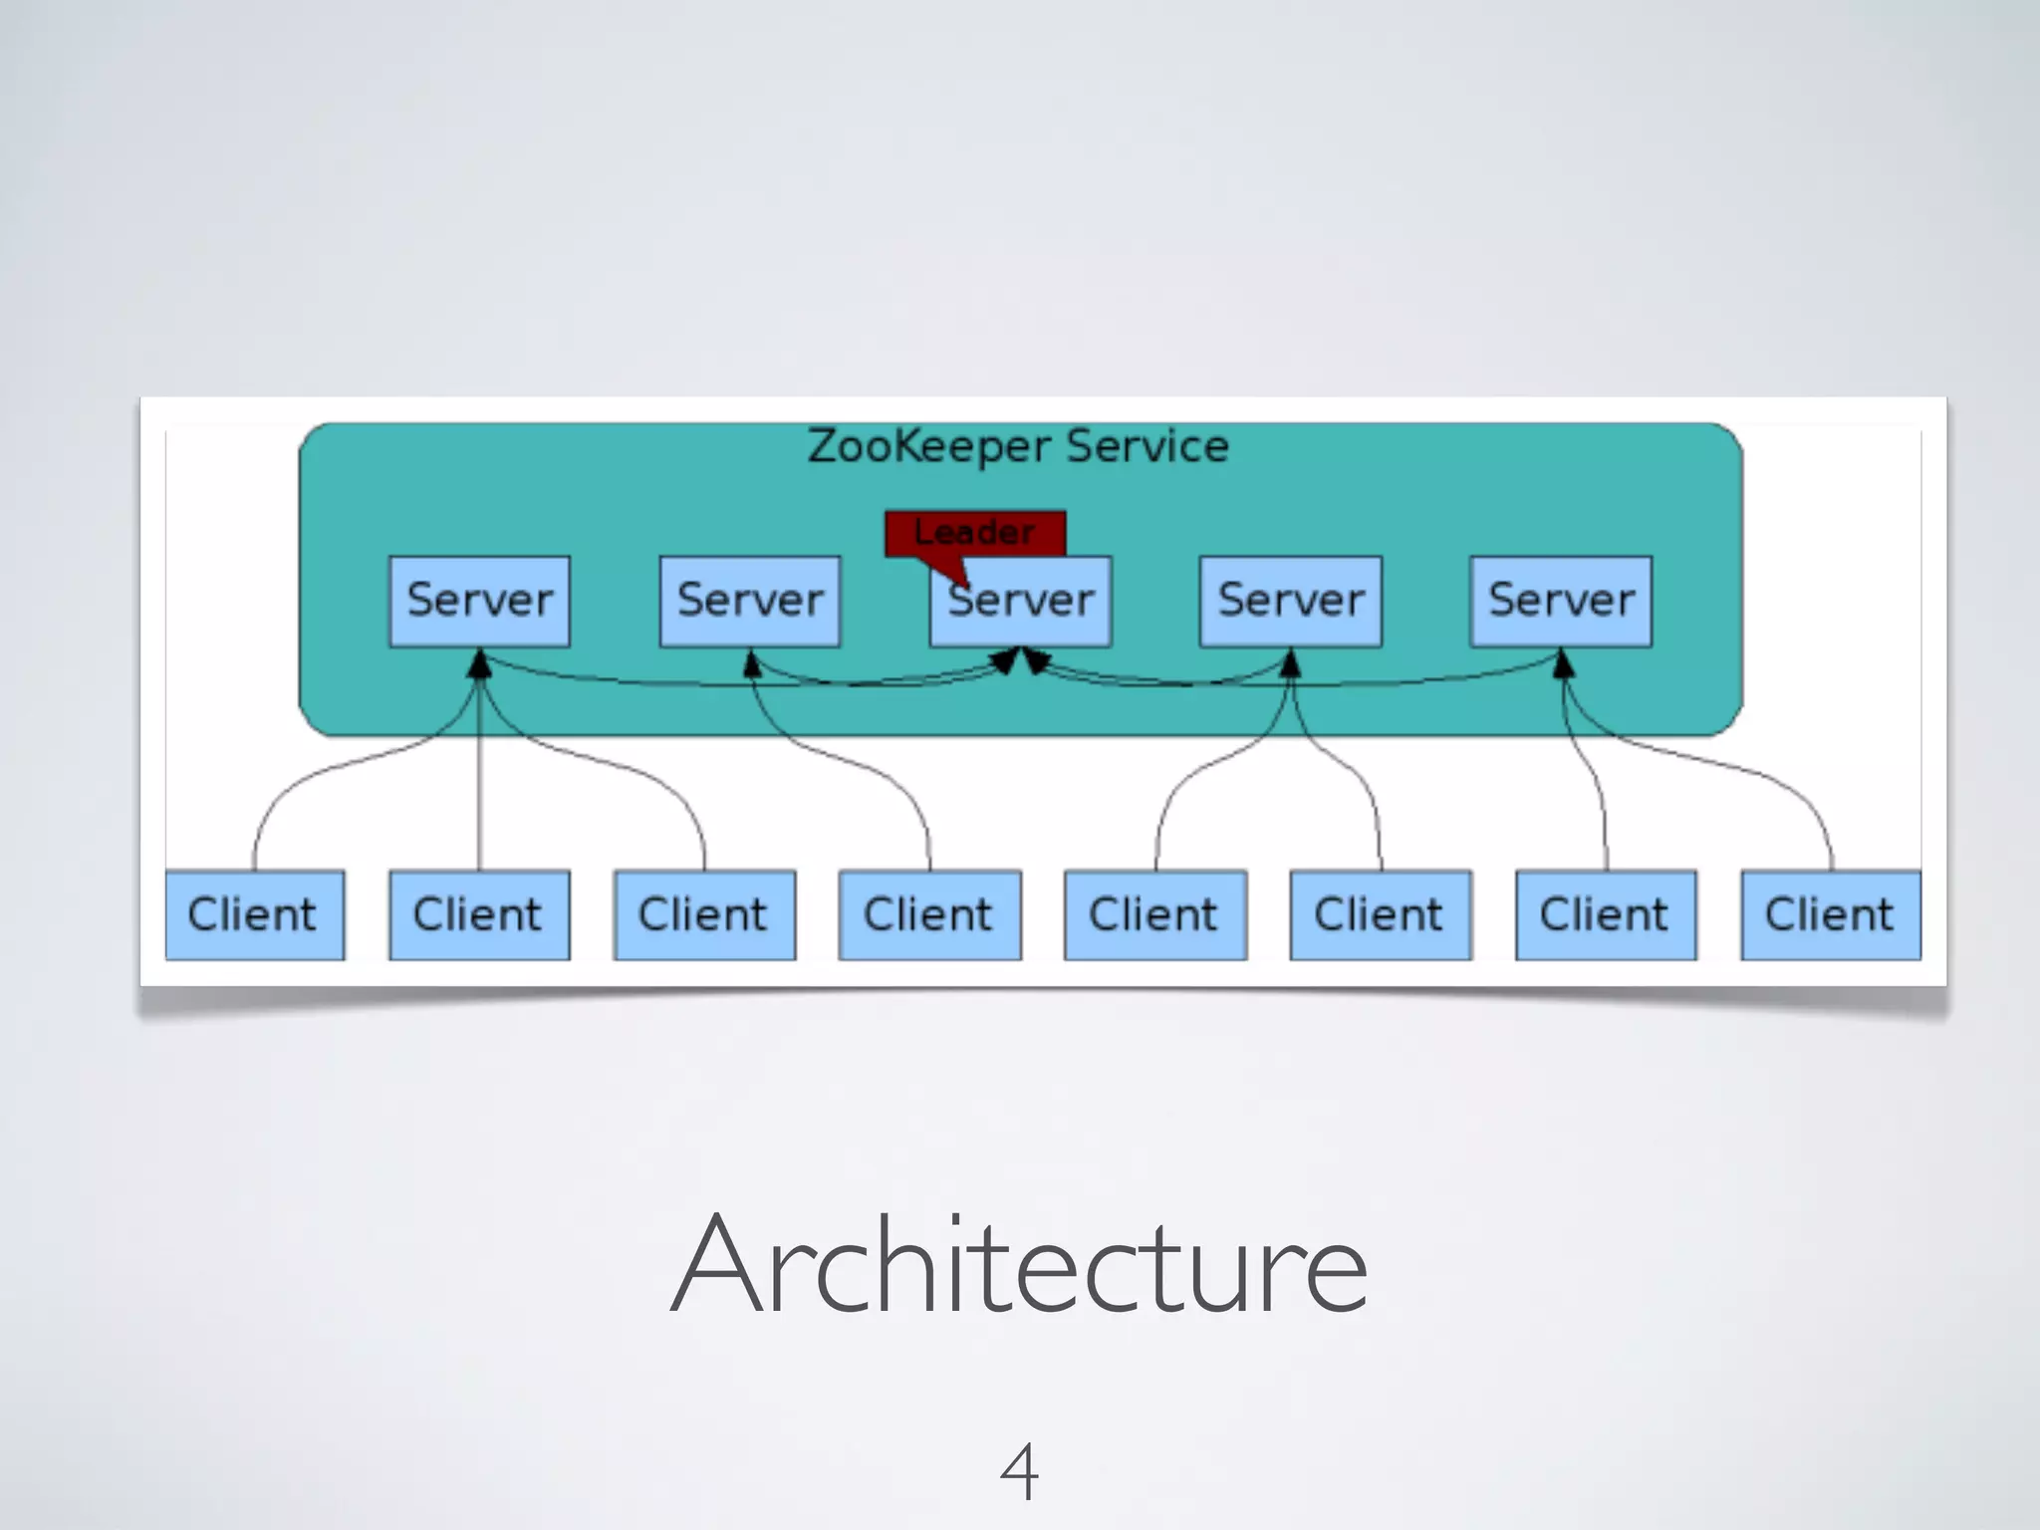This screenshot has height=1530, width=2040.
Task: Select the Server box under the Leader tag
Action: coord(1021,602)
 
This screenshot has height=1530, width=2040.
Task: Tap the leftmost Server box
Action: coord(479,601)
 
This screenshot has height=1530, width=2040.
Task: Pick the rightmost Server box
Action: coord(1561,601)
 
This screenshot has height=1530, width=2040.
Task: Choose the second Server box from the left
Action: coord(750,601)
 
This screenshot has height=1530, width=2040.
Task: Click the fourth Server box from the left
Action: coord(1291,601)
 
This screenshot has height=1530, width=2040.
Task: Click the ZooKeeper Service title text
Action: coord(1018,446)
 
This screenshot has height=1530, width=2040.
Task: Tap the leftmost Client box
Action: coord(254,914)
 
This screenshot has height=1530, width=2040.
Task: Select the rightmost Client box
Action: coord(1831,914)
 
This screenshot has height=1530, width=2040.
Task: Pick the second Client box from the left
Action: coord(479,914)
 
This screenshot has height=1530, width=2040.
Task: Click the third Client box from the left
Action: coord(704,914)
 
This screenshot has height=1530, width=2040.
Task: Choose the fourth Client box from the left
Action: coord(929,914)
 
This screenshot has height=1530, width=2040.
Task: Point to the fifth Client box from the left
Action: coord(1154,914)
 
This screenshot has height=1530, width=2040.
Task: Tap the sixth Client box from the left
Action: coord(1380,914)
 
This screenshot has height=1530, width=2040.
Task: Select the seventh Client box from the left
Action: coord(1606,914)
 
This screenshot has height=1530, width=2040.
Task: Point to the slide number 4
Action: coord(1019,1471)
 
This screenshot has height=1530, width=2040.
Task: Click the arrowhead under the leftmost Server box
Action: coord(480,664)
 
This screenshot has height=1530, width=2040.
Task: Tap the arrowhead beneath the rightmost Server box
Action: coord(1564,663)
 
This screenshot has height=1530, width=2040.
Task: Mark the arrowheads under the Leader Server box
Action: coord(1021,660)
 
